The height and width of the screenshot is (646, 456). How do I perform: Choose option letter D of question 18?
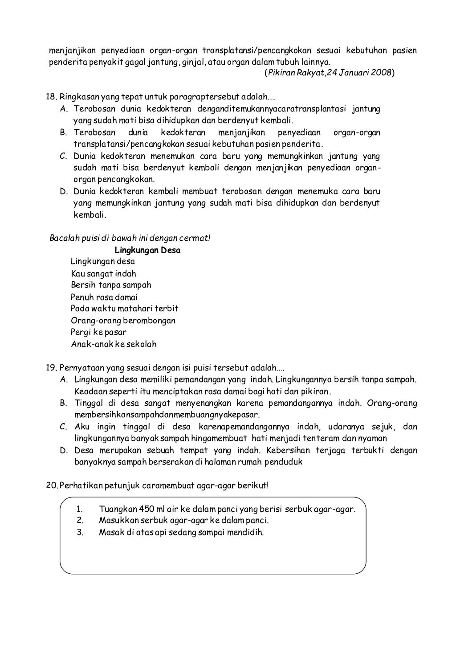(64, 192)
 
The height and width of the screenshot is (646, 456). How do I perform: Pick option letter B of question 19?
(64, 403)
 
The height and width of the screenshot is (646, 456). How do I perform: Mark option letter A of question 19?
(64, 380)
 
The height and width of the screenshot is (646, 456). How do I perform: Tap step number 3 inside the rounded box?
(80, 532)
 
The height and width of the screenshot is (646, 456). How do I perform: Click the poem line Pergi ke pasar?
(98, 332)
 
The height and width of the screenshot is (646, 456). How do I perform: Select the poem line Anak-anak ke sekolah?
(114, 344)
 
